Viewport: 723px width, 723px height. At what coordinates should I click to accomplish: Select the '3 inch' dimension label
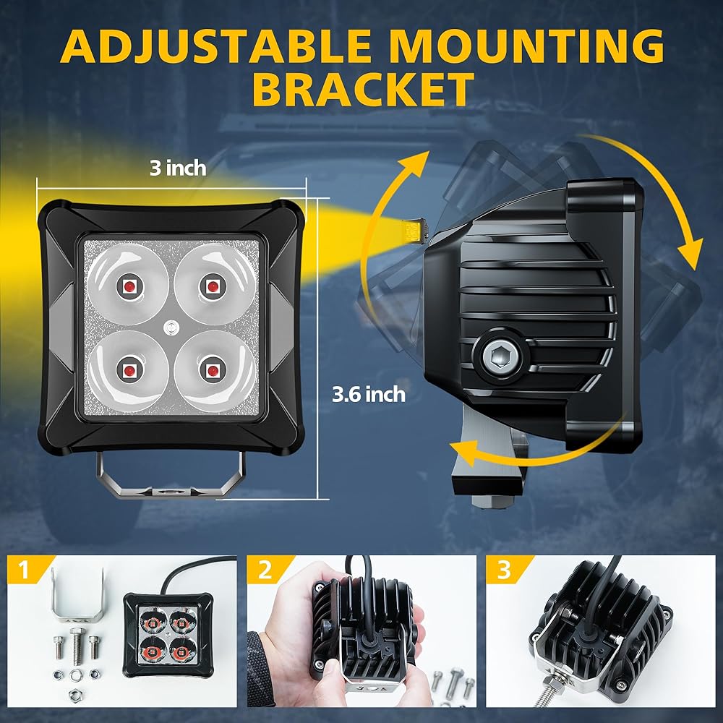pos(177,168)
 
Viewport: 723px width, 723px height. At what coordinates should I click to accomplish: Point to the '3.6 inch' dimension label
pos(368,395)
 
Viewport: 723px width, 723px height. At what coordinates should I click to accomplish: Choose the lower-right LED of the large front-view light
pos(213,369)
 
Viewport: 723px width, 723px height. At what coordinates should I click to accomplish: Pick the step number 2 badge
pos(265,571)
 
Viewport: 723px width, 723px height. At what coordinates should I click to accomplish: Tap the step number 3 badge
pos(504,571)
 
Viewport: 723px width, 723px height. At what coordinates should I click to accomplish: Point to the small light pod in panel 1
pos(168,632)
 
